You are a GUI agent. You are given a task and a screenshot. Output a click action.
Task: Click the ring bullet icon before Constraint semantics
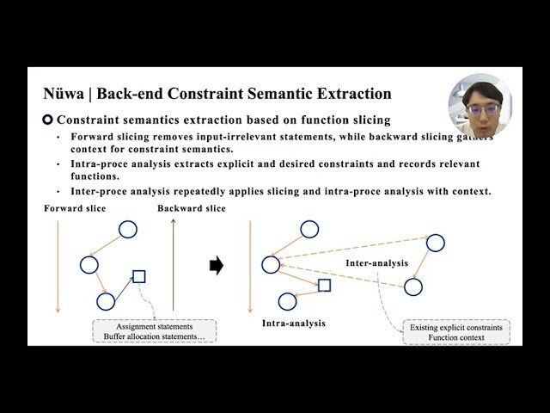tap(48, 120)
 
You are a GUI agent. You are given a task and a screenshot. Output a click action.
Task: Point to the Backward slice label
tap(192, 209)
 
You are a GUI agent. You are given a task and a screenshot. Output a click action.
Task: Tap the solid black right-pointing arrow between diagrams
tap(217, 266)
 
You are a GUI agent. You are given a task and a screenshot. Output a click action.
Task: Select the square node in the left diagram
tap(139, 276)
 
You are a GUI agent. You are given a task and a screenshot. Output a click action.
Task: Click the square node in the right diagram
tap(324, 285)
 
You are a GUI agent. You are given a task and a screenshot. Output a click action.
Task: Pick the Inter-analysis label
tap(376, 262)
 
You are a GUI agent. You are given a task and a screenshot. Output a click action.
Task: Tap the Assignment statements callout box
tap(155, 331)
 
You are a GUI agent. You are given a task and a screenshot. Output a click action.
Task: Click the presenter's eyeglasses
tap(480, 110)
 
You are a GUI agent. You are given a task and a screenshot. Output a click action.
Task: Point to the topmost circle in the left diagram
tap(127, 229)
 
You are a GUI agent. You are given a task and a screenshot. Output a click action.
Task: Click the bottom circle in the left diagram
tap(106, 301)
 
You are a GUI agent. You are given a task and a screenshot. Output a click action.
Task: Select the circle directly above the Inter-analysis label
tap(435, 243)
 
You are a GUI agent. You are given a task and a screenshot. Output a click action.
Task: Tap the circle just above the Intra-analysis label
tap(287, 301)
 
